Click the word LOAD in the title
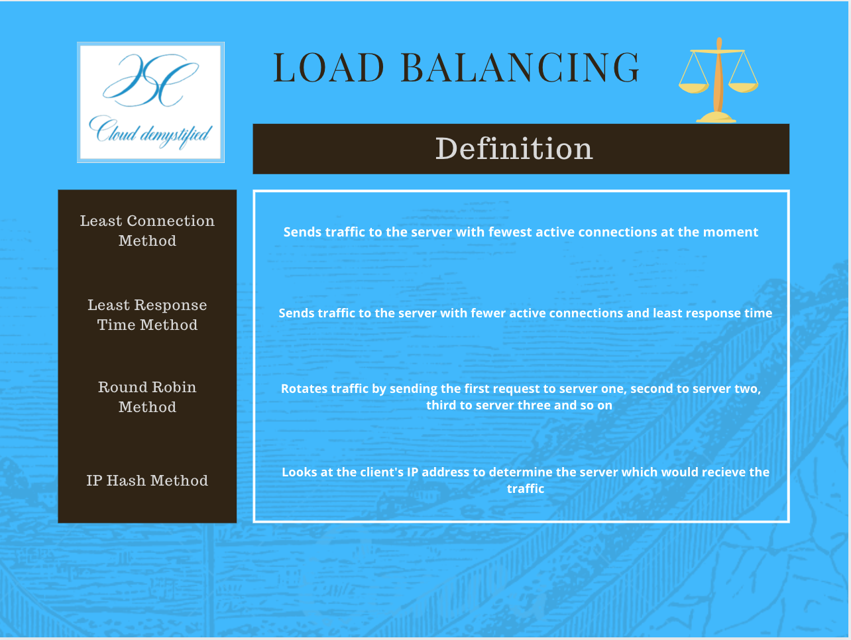point(329,68)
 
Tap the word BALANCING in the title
point(520,68)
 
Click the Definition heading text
point(514,149)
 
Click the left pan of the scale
point(693,87)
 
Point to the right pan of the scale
point(744,86)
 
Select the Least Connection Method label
point(147,231)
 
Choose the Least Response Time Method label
point(147,315)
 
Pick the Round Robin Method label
point(147,397)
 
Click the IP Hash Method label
point(147,480)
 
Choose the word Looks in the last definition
point(299,472)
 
